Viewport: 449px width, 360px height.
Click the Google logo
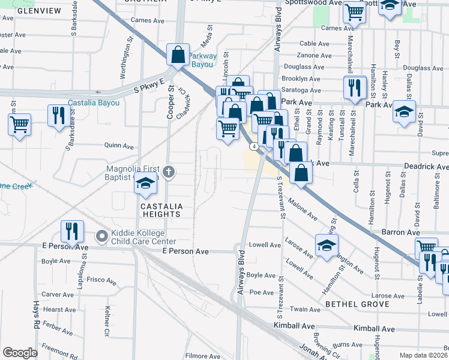coord(20,353)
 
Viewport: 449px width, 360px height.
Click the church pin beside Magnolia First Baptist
coord(169,173)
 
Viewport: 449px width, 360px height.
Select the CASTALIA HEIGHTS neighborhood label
coord(160,209)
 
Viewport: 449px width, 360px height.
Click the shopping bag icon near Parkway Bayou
coord(178,55)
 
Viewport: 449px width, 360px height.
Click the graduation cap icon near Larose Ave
coord(327,245)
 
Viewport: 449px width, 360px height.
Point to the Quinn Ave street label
coord(119,145)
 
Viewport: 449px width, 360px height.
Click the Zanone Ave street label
coord(315,55)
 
